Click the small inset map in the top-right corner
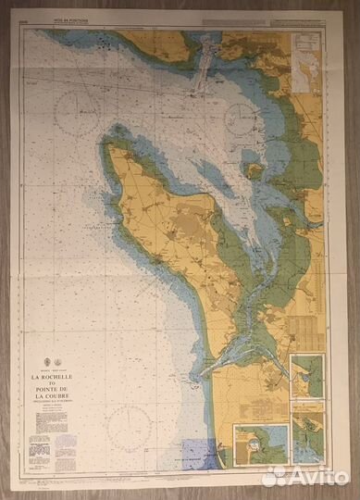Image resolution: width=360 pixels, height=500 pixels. (304, 55)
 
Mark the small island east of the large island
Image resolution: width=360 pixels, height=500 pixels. (253, 169)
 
